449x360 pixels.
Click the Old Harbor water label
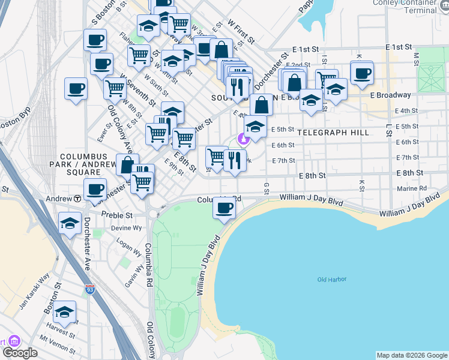332,280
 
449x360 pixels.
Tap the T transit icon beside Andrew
77,199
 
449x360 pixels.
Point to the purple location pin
243,139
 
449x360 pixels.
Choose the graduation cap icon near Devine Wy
70,223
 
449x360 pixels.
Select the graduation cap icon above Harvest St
65,312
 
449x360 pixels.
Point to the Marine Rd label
412,188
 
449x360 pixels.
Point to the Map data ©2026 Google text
411,355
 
